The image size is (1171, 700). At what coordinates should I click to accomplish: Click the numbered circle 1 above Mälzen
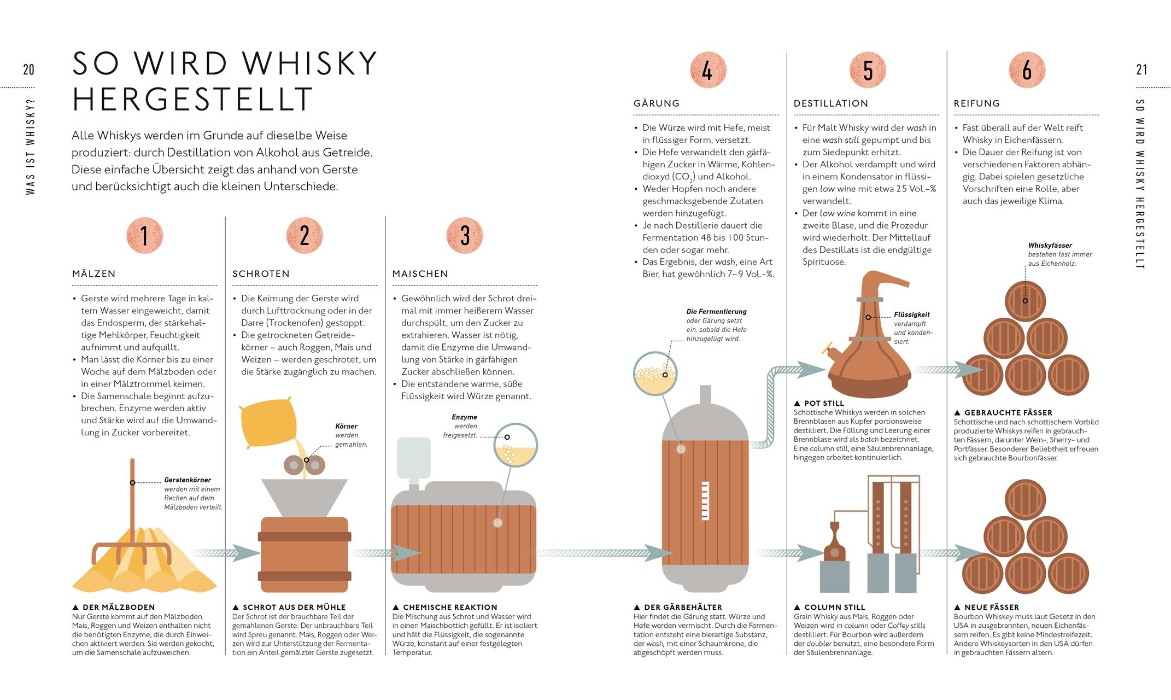(x=145, y=236)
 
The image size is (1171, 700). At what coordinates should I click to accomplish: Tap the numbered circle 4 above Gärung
(x=707, y=70)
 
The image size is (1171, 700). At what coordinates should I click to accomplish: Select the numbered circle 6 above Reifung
(x=1027, y=70)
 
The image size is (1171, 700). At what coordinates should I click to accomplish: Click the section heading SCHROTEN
(x=261, y=274)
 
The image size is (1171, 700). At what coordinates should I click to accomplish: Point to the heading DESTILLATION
(x=831, y=103)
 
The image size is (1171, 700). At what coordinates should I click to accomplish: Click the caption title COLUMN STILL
(x=834, y=607)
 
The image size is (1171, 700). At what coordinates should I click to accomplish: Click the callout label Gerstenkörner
(x=188, y=480)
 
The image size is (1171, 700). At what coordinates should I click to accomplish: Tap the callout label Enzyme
(x=464, y=417)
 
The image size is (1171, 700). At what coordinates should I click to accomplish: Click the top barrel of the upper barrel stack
(x=1025, y=301)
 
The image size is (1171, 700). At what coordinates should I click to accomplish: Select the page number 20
(x=28, y=69)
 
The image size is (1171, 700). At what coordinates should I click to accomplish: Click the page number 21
(x=1141, y=69)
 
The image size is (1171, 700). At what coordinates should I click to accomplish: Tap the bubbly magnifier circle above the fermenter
(x=655, y=374)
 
